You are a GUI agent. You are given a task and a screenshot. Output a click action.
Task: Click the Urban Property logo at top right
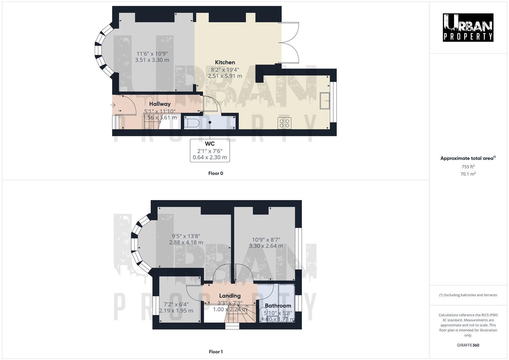(468, 27)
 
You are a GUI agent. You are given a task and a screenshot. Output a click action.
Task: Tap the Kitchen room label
(225, 62)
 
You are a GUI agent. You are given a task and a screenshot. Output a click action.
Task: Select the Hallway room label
(160, 104)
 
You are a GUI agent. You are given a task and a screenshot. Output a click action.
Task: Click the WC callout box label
(210, 144)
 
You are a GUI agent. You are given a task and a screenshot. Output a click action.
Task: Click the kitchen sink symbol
(325, 101)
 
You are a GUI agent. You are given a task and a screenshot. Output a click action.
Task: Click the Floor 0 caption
(216, 173)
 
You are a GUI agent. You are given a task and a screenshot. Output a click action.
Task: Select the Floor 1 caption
(216, 352)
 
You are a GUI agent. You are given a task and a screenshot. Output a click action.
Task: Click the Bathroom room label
(278, 306)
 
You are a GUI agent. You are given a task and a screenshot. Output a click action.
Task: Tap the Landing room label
(230, 296)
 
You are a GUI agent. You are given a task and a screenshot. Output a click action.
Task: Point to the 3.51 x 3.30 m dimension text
(152, 60)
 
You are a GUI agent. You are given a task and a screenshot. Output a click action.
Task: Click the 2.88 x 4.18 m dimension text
(186, 243)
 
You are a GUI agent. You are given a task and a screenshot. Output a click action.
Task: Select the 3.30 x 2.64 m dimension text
(266, 246)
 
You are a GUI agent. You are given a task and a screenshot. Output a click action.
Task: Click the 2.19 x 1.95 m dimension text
(176, 311)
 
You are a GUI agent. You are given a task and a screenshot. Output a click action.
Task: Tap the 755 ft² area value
(468, 167)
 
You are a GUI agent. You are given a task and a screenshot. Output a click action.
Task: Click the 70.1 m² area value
(468, 174)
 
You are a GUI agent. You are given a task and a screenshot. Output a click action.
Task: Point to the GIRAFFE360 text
(468, 345)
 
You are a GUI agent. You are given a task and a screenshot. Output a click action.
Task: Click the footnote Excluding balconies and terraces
(468, 295)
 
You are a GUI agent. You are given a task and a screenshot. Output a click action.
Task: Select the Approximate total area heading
(468, 158)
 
